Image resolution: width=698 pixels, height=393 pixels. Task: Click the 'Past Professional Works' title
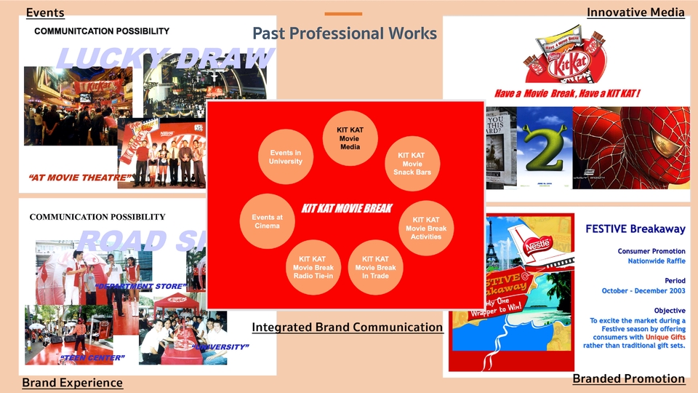click(345, 33)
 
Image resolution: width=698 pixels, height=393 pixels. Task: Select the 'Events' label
click(45, 12)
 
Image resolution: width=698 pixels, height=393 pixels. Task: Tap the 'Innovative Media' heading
click(635, 12)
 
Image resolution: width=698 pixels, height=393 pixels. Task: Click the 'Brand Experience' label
click(72, 383)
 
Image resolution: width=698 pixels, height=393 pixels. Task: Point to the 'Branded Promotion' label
click(628, 378)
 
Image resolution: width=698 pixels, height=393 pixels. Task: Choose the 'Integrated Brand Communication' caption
click(347, 327)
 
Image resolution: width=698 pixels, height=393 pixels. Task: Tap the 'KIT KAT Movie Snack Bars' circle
click(412, 163)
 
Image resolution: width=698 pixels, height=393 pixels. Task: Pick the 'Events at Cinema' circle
click(267, 222)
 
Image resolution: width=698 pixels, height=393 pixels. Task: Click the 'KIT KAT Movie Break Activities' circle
click(426, 227)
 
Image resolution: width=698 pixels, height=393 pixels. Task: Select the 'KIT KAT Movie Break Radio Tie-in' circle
click(313, 267)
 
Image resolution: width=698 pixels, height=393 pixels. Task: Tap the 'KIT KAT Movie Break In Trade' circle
click(375, 267)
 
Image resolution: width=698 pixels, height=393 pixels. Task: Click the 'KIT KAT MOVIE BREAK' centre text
click(347, 209)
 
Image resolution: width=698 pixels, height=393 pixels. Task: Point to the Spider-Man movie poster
click(630, 148)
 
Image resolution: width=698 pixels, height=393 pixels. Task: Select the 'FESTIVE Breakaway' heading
click(635, 229)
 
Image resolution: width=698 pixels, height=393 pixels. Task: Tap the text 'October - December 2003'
click(643, 291)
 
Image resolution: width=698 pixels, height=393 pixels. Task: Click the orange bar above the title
click(343, 14)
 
